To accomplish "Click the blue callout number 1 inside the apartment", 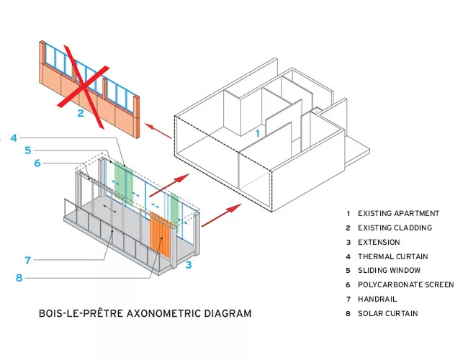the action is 258,133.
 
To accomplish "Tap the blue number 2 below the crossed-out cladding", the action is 81,114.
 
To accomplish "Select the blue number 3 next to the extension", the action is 189,264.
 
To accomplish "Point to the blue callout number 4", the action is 14,138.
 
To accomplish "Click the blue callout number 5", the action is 28,150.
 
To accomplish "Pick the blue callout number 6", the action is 37,163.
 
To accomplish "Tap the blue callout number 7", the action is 28,261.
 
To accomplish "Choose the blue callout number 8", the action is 19,278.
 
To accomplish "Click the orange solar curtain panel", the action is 161,235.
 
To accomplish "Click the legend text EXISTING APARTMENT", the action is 398,213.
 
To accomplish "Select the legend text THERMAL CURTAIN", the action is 393,256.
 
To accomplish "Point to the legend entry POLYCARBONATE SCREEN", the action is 406,285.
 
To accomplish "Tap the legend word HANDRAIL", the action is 377,299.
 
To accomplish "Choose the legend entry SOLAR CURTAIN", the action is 387,313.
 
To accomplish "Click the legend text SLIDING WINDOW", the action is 390,271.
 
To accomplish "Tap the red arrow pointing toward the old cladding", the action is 158,131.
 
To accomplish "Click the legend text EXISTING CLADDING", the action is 395,228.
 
